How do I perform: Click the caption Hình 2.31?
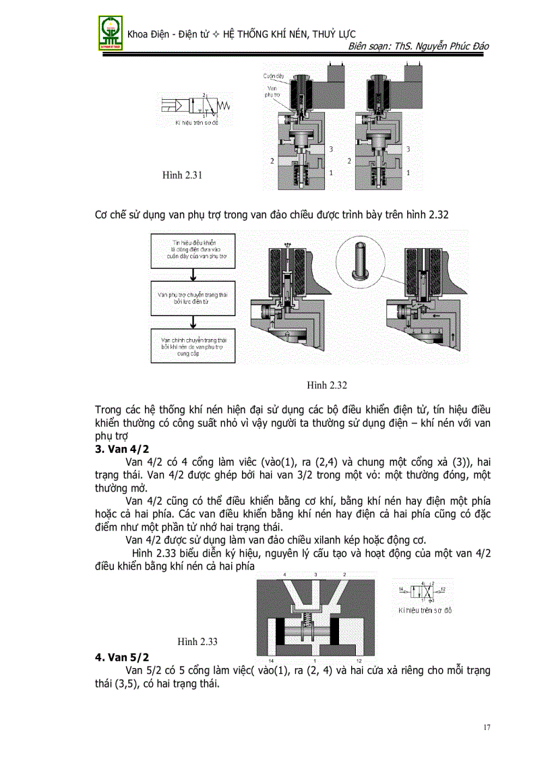click(x=183, y=175)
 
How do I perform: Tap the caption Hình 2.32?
click(x=326, y=385)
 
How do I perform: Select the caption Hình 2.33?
click(x=197, y=641)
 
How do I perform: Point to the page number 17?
click(x=487, y=727)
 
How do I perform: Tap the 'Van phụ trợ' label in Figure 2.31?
click(x=272, y=92)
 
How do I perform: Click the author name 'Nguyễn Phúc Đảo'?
click(x=455, y=46)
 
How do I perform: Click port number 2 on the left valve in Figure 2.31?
click(x=271, y=162)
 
